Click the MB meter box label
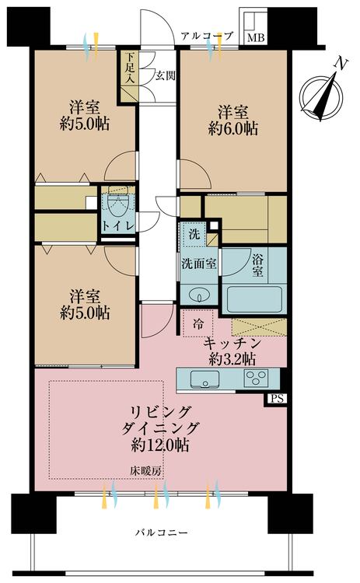point(255,37)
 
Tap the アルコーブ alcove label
point(207,36)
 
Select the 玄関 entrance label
point(163,75)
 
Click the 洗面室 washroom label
point(200,264)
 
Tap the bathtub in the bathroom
point(255,298)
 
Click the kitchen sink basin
point(204,379)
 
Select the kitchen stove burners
point(257,379)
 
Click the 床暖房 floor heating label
point(145,470)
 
